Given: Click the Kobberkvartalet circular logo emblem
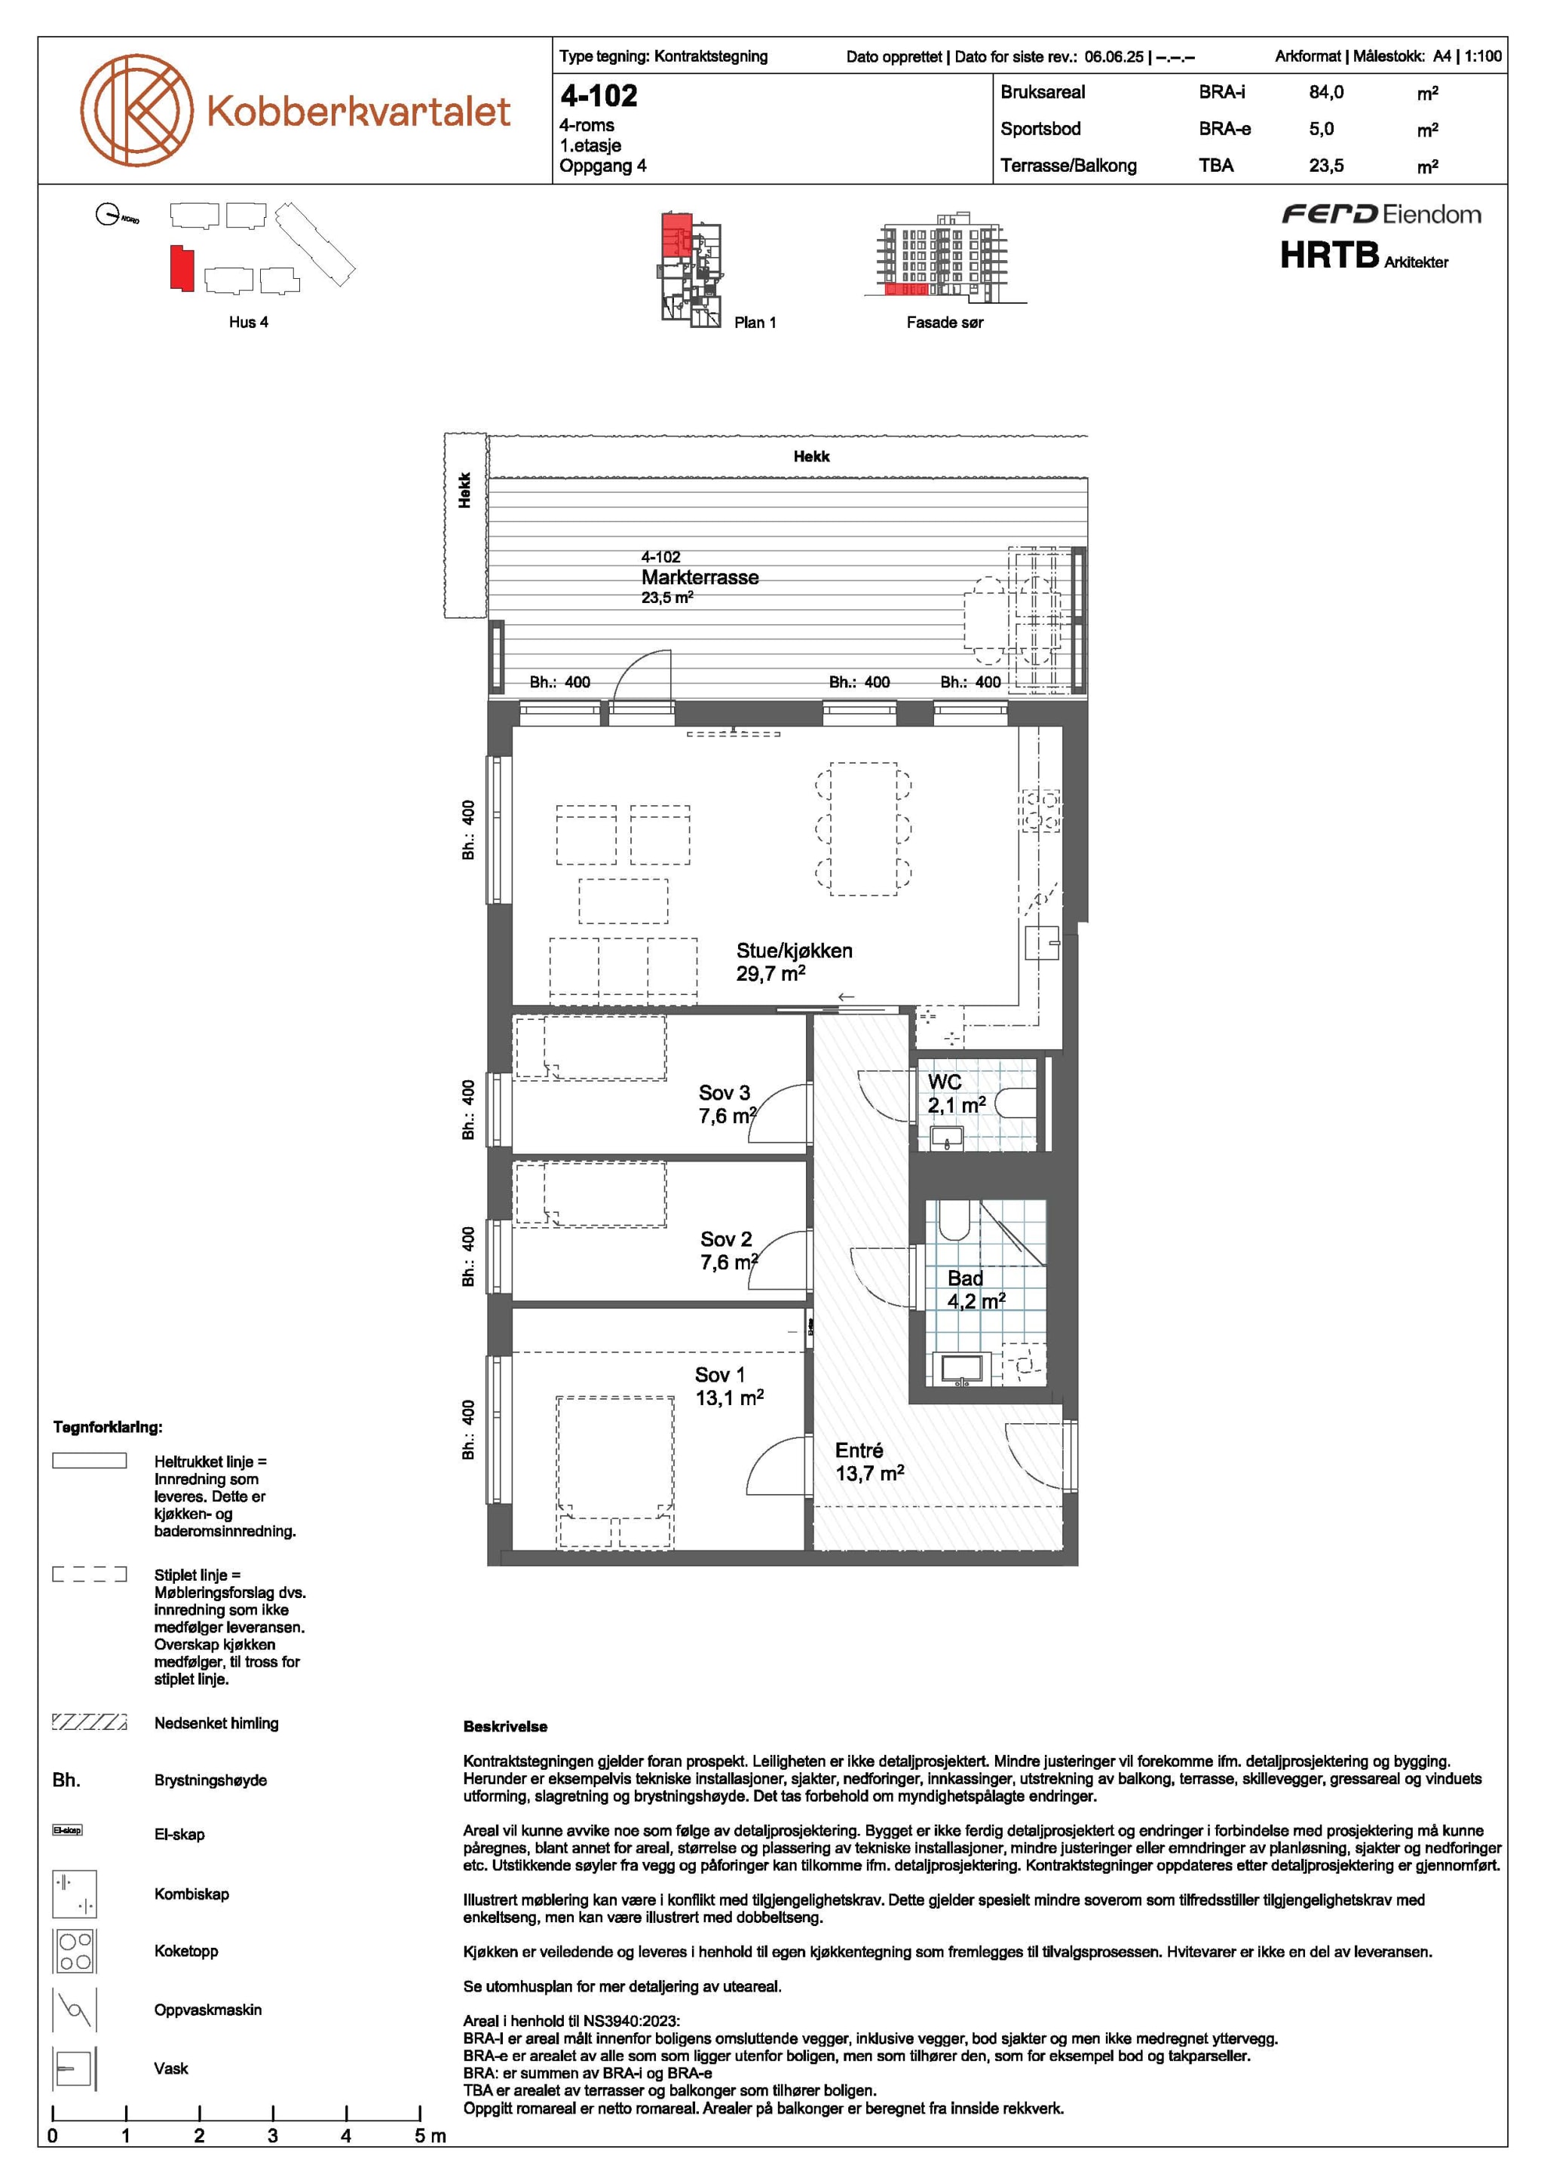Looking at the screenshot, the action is [x=136, y=109].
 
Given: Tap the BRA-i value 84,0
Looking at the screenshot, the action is [x=1326, y=92].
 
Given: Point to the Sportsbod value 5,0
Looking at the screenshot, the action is [x=1322, y=128].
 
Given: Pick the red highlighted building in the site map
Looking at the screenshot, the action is [x=182, y=268].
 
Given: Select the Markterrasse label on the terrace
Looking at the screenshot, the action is [x=700, y=577].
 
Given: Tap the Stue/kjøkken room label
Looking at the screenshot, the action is [x=794, y=950].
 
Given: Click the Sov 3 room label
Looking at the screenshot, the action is [x=725, y=1092].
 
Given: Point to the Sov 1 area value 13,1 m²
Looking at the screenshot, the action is [x=729, y=1398].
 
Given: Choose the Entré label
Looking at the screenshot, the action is [x=859, y=1450].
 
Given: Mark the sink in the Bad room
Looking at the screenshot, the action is [x=961, y=1368].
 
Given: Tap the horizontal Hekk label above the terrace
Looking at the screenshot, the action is [x=811, y=456].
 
